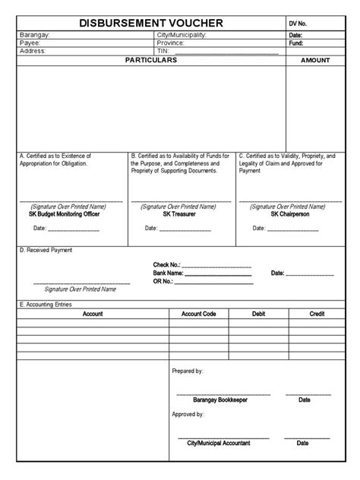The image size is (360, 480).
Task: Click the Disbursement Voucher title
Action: [x=150, y=24]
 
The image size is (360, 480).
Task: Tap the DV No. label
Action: [x=299, y=24]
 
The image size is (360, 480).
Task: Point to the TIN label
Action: [x=163, y=52]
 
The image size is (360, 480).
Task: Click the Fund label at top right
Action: [x=296, y=43]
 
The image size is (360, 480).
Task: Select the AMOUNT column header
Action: [x=315, y=60]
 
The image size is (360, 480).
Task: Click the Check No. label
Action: [x=166, y=265]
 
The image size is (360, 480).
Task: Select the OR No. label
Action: [x=163, y=281]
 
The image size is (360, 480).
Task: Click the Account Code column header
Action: [x=199, y=314]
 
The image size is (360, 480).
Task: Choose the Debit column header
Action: [x=258, y=314]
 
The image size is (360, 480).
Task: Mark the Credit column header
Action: [x=317, y=314]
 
